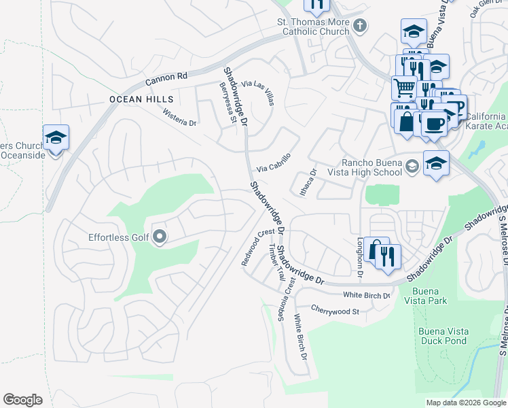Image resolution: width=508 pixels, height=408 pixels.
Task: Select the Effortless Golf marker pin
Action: click(x=160, y=237)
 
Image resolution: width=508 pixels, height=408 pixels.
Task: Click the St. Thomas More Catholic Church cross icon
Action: click(x=360, y=26)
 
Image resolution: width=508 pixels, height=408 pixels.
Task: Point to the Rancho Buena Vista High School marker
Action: click(x=412, y=167)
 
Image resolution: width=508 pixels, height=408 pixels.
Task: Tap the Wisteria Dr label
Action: click(x=179, y=118)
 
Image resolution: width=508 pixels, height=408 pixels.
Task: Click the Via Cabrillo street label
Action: click(x=274, y=163)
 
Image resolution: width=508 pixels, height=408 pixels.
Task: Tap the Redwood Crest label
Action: click(x=258, y=247)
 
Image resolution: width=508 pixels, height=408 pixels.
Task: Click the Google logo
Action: click(x=23, y=400)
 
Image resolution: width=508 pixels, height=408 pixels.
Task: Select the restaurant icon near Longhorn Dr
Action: click(x=388, y=256)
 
